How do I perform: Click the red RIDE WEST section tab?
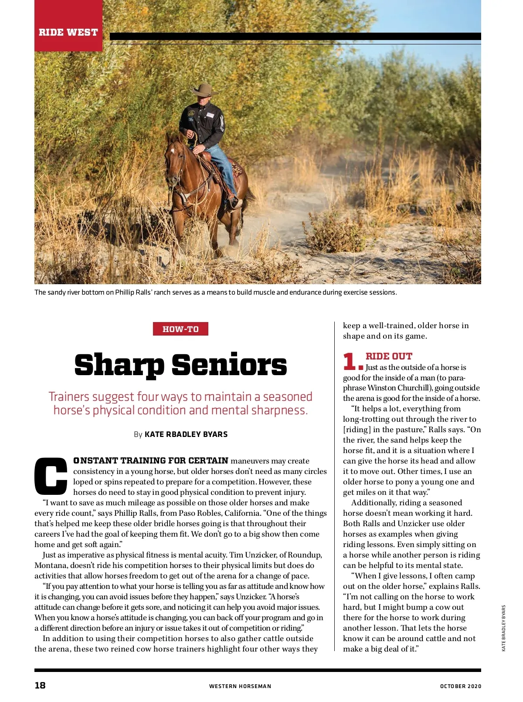(x=68, y=32)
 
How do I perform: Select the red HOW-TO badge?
(x=180, y=329)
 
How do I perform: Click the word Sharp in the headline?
(x=119, y=365)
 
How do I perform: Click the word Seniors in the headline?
(x=229, y=365)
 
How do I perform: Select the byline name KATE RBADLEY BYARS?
(x=186, y=434)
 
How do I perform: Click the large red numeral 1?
(x=350, y=361)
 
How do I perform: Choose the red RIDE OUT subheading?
(x=389, y=356)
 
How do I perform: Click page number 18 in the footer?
(x=40, y=685)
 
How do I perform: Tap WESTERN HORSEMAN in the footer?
(x=240, y=686)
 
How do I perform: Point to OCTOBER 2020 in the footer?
(x=461, y=686)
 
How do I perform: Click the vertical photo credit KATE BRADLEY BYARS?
(x=504, y=628)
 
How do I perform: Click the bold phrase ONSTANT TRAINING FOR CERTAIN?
(x=151, y=460)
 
